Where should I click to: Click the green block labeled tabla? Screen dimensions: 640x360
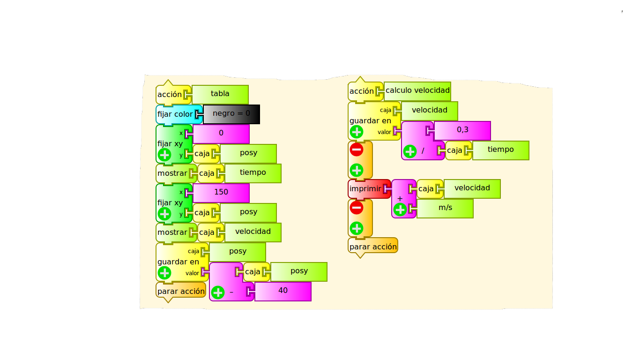[x=220, y=94]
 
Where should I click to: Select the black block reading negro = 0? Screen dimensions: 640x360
[x=231, y=114]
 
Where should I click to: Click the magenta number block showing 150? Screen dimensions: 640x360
[x=221, y=193]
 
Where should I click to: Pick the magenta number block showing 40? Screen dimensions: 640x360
[x=283, y=292]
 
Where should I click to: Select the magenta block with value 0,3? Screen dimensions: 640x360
[x=462, y=131]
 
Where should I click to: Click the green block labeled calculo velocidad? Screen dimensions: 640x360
[x=417, y=91]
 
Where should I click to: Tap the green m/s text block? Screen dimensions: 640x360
[x=445, y=209]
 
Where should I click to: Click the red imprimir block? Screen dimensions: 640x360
[x=369, y=189]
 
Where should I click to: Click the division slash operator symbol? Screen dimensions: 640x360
[x=423, y=150]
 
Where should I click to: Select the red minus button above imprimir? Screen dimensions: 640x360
[x=356, y=150]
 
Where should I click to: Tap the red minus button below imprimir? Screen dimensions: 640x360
[x=356, y=208]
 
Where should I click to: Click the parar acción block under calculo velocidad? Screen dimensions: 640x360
[x=373, y=247]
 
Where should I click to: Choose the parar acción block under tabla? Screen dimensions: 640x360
[x=181, y=292]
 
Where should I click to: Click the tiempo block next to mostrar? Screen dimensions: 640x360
[x=253, y=173]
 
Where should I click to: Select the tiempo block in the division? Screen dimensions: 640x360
[x=500, y=150]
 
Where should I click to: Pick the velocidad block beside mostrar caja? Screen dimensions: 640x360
[x=253, y=232]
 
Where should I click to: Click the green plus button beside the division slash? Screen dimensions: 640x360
[x=410, y=151]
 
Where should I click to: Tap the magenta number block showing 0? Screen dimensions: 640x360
[x=221, y=134]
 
